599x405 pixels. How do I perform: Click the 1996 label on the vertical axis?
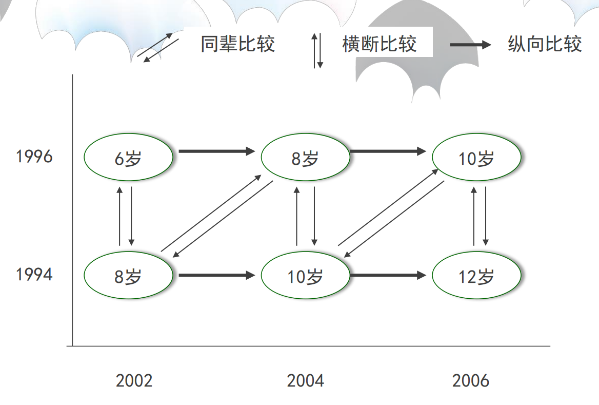click(34, 156)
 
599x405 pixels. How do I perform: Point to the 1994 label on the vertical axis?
click(34, 275)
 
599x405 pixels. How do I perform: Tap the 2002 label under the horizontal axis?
click(134, 381)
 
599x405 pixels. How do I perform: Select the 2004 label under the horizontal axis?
click(306, 381)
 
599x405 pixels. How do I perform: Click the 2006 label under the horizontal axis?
click(471, 381)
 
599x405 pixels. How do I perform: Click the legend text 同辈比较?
click(237, 44)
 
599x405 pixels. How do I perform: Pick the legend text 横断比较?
click(379, 44)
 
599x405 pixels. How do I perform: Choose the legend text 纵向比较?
click(545, 44)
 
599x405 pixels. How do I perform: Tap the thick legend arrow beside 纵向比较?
click(470, 45)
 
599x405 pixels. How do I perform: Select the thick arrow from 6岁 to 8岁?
click(216, 151)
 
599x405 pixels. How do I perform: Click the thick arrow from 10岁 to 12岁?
click(388, 276)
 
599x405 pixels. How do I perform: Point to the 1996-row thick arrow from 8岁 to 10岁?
click(388, 151)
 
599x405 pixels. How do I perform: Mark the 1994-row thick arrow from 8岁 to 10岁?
click(216, 276)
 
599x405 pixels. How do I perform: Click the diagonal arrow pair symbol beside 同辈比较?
click(158, 48)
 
